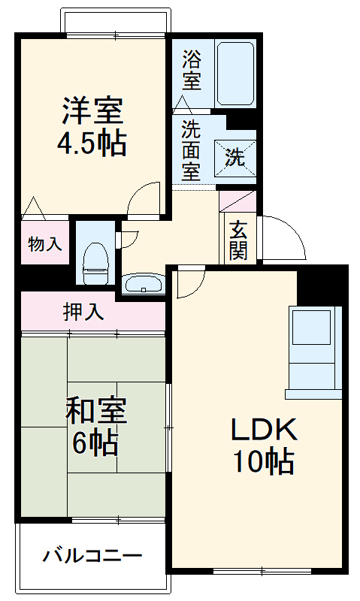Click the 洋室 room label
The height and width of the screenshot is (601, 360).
(x=92, y=111)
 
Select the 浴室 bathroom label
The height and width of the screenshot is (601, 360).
(x=192, y=70)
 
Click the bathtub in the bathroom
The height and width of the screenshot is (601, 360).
(x=234, y=73)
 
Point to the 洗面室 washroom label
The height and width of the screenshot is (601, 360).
(x=192, y=149)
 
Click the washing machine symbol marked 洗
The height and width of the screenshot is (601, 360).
(x=235, y=157)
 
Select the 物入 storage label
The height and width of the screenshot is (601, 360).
(x=44, y=243)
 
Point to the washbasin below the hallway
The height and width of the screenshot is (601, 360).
(x=142, y=285)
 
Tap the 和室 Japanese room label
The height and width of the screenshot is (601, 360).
(x=95, y=412)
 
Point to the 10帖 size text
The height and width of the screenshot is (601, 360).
(x=263, y=461)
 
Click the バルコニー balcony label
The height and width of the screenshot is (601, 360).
(x=92, y=557)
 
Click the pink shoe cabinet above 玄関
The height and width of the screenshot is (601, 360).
(x=237, y=201)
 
